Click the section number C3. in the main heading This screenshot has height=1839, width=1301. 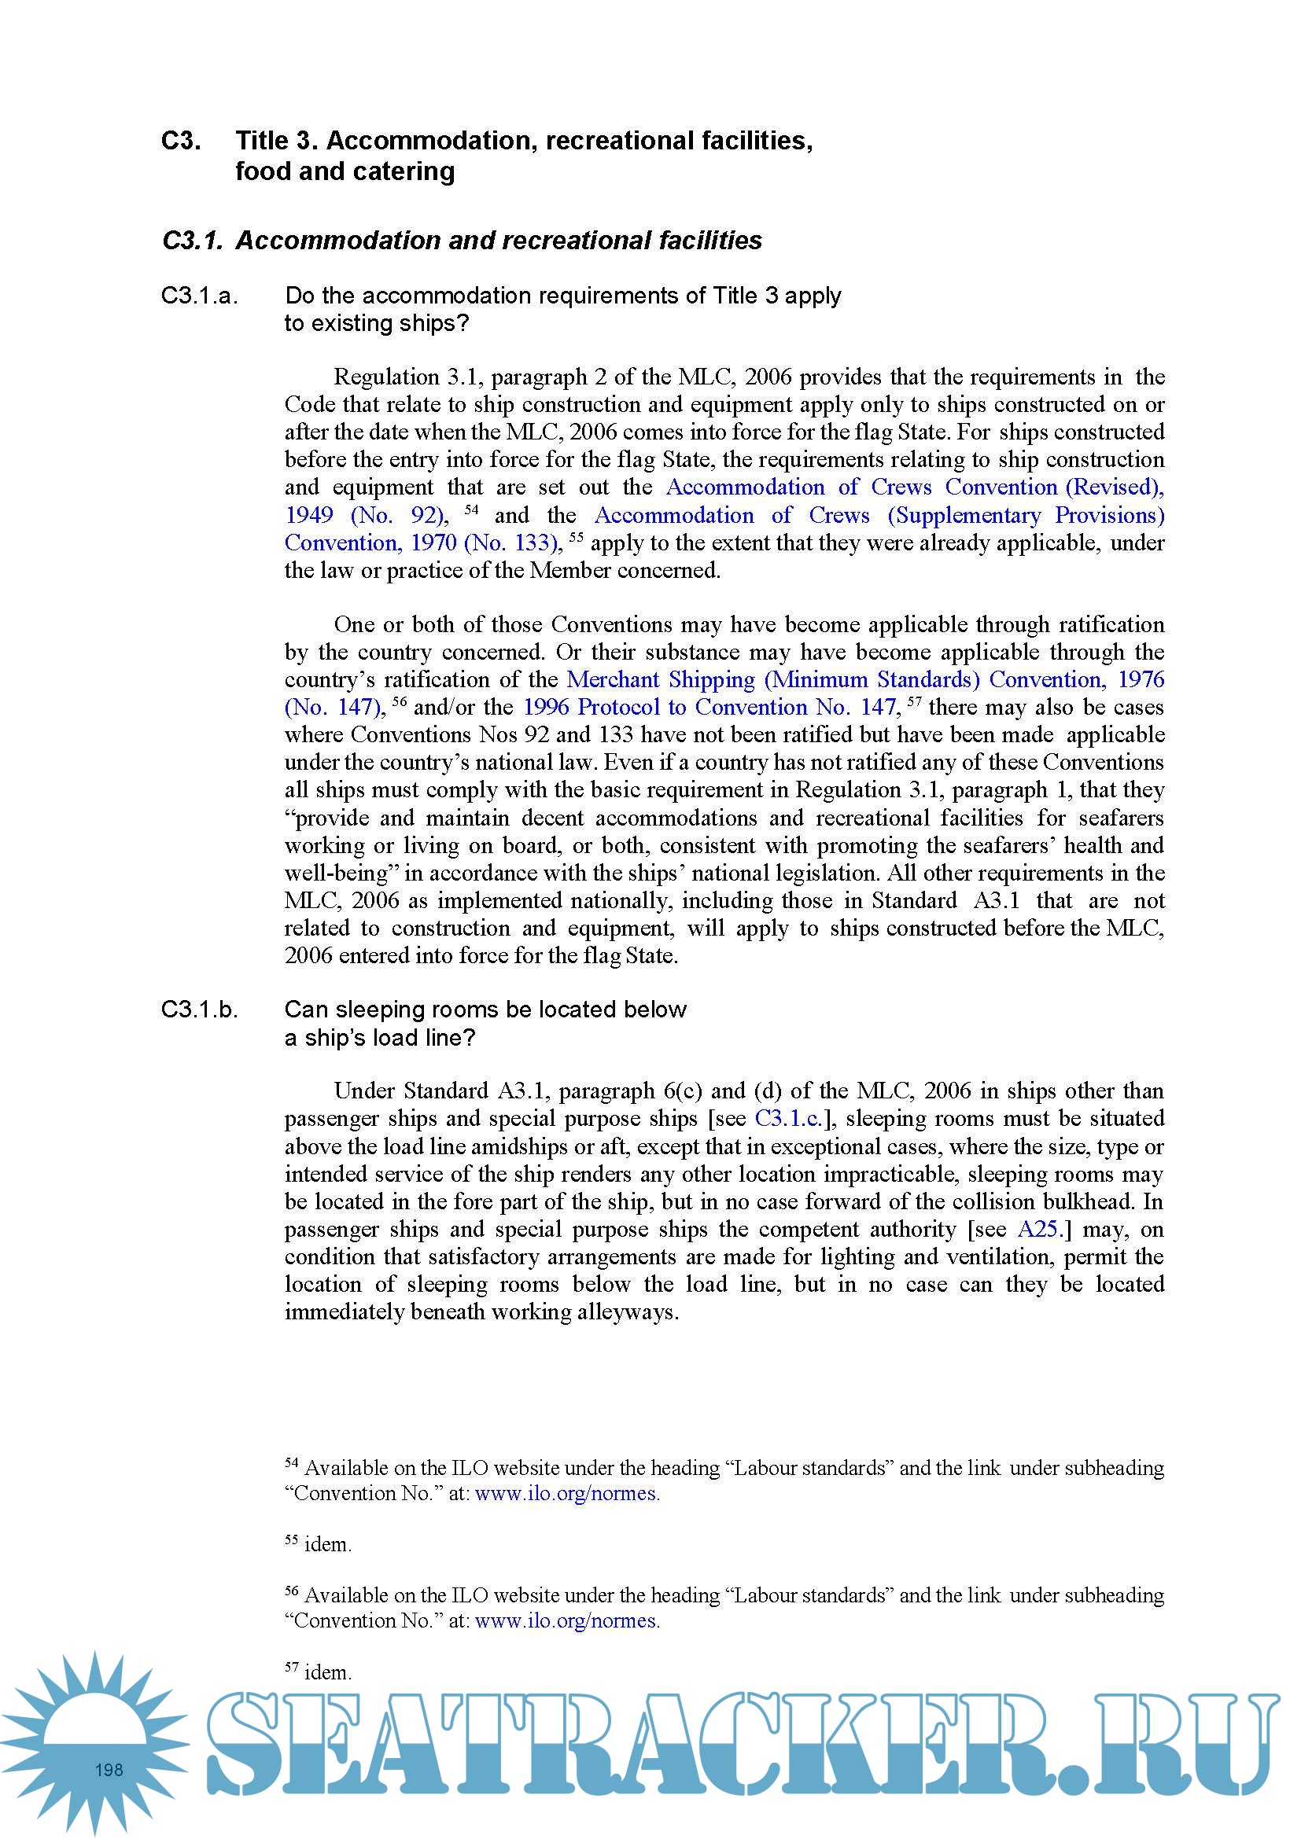181,141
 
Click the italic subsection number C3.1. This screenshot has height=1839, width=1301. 192,241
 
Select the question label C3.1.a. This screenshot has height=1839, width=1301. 200,296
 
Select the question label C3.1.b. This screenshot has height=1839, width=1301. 200,1010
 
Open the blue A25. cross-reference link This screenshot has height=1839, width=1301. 1039,1230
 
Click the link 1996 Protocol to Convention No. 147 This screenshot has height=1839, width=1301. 709,708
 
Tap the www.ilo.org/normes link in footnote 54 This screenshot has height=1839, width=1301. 567,1494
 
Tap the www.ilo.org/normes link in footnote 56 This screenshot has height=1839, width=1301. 567,1621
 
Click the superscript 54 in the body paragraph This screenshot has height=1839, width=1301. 471,509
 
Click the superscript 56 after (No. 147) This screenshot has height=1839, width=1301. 399,701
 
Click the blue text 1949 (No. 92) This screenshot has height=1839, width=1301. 364,516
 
